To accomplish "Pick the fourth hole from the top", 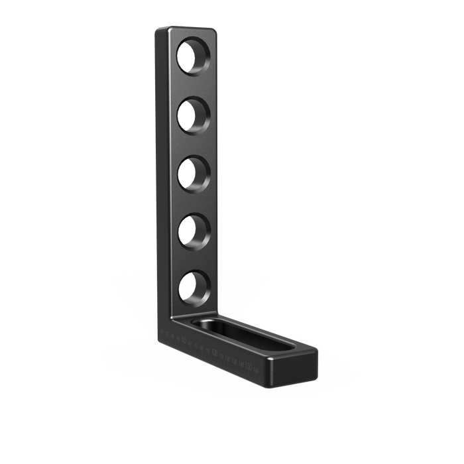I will click(x=194, y=229).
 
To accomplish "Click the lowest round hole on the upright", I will click(x=194, y=287).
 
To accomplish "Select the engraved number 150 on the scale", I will click(x=248, y=367).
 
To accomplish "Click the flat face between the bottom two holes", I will click(x=194, y=259).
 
